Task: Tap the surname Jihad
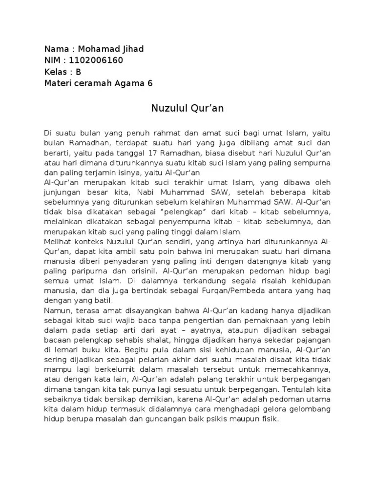[x=132, y=49]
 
